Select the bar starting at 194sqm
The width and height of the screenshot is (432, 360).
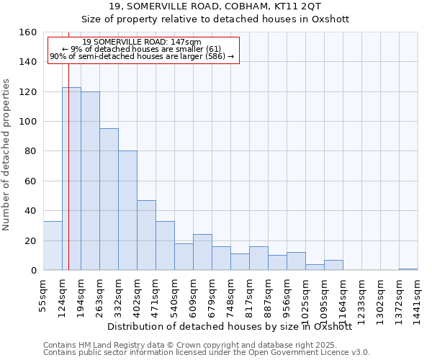pos(90,181)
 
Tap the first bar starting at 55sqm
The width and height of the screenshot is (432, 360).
pos(53,246)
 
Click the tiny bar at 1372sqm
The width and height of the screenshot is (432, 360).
pos(408,269)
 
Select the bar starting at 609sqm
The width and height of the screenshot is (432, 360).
pos(202,252)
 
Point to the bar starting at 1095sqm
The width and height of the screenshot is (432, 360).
pos(333,265)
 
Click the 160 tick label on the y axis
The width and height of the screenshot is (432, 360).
pos(29,32)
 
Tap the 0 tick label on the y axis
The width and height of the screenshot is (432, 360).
pos(34,271)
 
